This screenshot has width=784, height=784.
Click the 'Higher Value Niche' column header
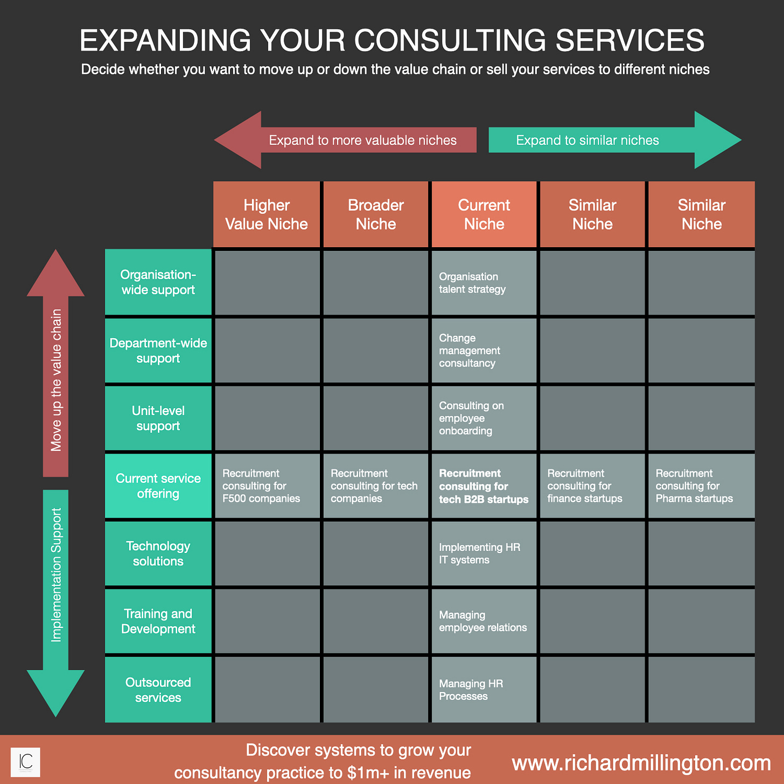pos(267,214)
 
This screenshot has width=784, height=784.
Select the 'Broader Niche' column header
pos(376,214)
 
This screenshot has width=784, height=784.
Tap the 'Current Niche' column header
pos(484,214)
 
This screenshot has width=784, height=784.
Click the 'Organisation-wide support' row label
pos(158,282)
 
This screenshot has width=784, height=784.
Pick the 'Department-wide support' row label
pos(158,351)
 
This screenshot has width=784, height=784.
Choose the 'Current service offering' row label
pos(158,486)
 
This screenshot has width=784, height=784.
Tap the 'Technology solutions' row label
pos(158,554)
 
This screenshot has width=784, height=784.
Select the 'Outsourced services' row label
pos(158,690)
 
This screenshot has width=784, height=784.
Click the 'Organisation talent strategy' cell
pos(484,283)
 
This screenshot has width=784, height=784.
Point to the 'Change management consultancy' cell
pos(484,351)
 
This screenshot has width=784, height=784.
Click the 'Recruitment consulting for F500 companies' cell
pos(267,486)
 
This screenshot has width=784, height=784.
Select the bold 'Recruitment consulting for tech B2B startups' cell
pos(484,486)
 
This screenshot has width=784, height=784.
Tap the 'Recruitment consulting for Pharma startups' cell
pos(701,486)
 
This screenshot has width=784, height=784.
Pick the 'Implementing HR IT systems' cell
pos(484,554)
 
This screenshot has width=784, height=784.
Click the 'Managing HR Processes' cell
pos(484,690)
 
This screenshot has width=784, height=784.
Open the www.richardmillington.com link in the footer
pos(641,763)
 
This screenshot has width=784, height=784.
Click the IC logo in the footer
pos(26,762)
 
